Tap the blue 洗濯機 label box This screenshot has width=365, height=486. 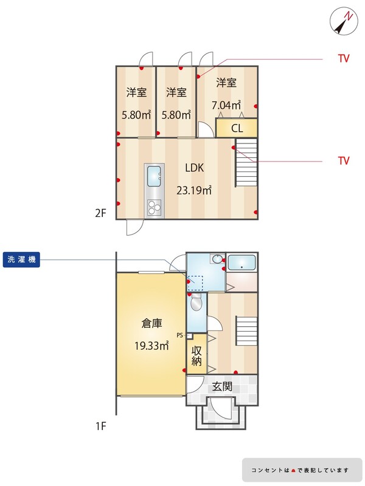[21, 259]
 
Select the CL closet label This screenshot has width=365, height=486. [237, 128]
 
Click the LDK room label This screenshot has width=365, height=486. [194, 168]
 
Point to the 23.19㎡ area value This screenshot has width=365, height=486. [194, 190]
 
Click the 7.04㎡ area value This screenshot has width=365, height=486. [226, 105]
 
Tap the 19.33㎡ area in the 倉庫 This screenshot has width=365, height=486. [151, 345]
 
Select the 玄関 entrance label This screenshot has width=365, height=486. [222, 386]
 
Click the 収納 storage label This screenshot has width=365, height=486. [196, 356]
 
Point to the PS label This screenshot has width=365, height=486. [179, 335]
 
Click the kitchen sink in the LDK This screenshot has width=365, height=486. [154, 176]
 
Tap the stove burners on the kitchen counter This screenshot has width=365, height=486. [155, 207]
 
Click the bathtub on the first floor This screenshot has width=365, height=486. [242, 262]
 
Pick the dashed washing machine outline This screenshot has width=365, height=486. [195, 283]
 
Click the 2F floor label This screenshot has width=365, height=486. [100, 213]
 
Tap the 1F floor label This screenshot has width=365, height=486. [100, 426]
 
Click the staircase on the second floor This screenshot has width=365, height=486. [246, 162]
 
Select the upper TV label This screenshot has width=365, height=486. [344, 58]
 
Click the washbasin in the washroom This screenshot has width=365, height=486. [217, 259]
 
